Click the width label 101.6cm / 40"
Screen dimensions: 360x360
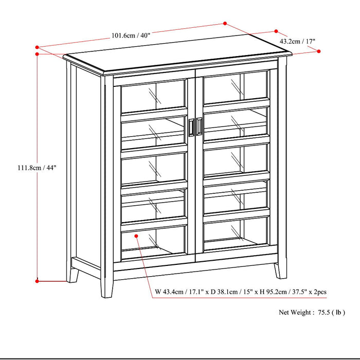pyautogui.click(x=131, y=35)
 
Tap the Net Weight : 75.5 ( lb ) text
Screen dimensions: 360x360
pyautogui.click(x=312, y=312)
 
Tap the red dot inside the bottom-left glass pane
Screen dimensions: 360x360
pyautogui.click(x=137, y=236)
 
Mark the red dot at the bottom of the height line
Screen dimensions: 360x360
pyautogui.click(x=37, y=281)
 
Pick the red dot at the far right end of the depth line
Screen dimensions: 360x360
pyautogui.click(x=319, y=51)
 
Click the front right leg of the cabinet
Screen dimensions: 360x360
pyautogui.click(x=280, y=270)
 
